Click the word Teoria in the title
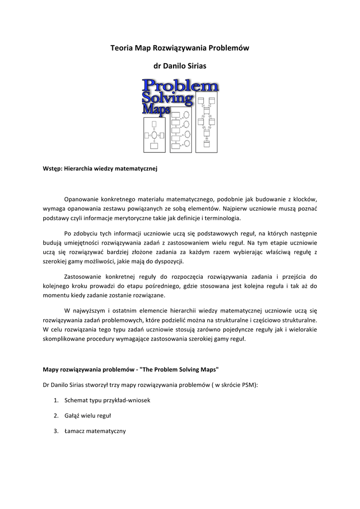pos(121,48)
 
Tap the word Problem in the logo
pos(180,85)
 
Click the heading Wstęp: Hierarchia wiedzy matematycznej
pos(100,169)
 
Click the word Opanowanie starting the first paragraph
pos(82,199)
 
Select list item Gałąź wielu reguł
pos(88,416)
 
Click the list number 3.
pos(56,431)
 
